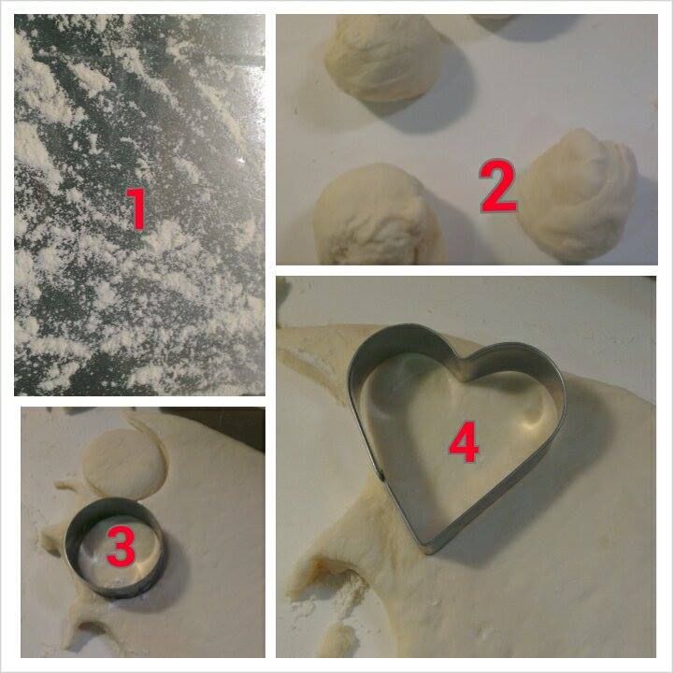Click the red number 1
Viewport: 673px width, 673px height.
136,209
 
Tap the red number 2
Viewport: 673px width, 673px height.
498,186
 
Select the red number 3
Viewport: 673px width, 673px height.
122,546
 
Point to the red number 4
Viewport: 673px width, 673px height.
464,441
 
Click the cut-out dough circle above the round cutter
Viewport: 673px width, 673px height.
123,463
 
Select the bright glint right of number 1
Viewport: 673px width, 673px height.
240,161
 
